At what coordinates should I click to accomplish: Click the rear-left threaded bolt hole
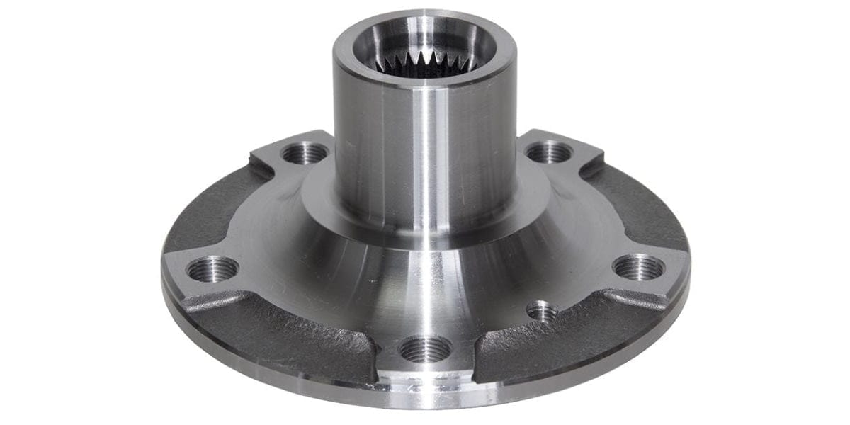coord(305,152)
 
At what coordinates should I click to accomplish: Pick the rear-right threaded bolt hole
coord(549,151)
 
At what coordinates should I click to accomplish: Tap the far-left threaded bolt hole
coord(212,268)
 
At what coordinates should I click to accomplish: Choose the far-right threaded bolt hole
coord(638,267)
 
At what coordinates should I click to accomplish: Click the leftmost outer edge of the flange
coord(164,283)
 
